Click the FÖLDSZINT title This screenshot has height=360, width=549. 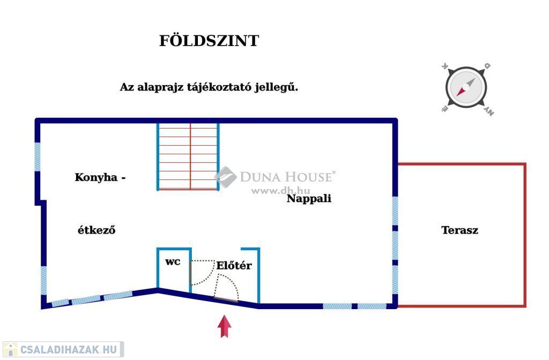click(209, 41)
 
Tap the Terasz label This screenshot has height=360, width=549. click(459, 230)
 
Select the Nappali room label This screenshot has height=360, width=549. click(309, 199)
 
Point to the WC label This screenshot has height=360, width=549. click(172, 262)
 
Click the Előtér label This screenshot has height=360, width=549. click(234, 266)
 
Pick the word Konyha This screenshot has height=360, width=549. click(96, 177)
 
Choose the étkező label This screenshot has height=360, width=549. click(97, 230)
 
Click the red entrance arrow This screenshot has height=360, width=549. click(225, 326)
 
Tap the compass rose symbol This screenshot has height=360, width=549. click(465, 88)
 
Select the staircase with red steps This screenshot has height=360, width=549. click(188, 156)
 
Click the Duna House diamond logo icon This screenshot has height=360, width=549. click(225, 177)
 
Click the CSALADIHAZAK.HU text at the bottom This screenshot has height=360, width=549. click(69, 350)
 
